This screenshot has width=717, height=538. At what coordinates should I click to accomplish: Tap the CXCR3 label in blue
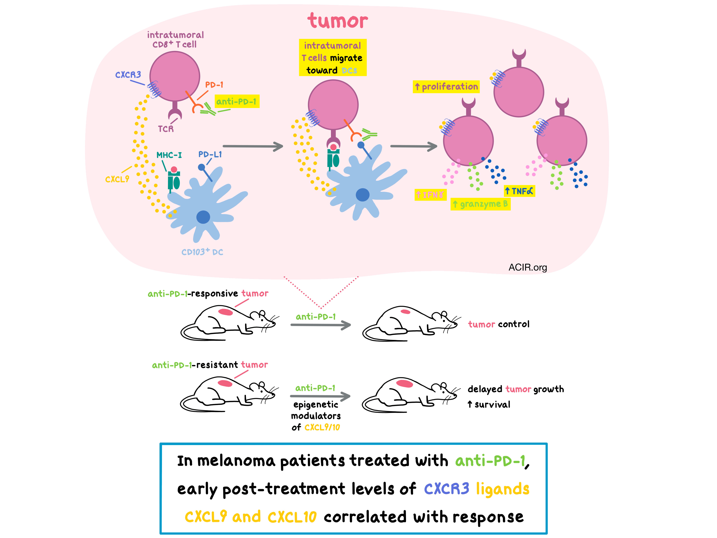pyautogui.click(x=128, y=75)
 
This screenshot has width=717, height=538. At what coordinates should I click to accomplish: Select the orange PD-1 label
pyautogui.click(x=214, y=85)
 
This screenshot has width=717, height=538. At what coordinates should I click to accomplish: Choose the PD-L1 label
pyautogui.click(x=210, y=154)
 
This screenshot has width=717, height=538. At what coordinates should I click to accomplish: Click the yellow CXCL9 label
pyautogui.click(x=117, y=179)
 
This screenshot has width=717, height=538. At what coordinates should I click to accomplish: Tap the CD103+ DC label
pyautogui.click(x=202, y=252)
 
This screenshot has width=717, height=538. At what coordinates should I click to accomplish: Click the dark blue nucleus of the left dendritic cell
pyautogui.click(x=203, y=217)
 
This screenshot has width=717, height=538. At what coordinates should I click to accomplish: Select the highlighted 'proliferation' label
pyautogui.click(x=446, y=87)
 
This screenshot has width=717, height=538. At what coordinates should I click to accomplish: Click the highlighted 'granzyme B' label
pyautogui.click(x=480, y=204)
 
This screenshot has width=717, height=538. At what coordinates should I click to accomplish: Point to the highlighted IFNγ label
pyautogui.click(x=430, y=195)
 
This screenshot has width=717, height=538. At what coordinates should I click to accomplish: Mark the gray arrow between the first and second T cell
pyautogui.click(x=253, y=146)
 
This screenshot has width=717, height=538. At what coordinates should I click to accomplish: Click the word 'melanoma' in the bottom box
pyautogui.click(x=236, y=461)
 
